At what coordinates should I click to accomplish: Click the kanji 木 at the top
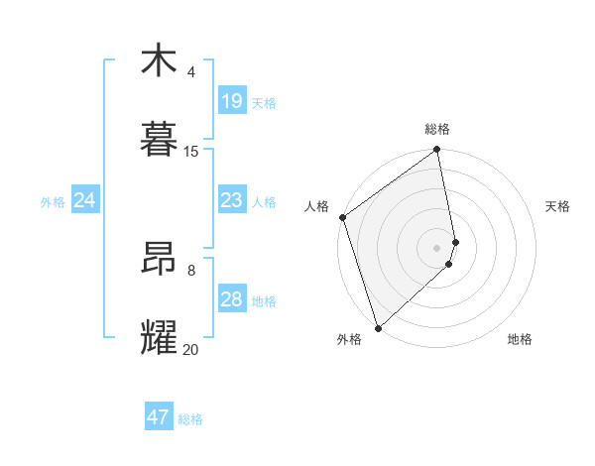[159, 60]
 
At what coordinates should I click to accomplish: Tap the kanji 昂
[159, 259]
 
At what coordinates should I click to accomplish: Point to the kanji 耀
[159, 338]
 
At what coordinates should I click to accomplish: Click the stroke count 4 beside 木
[191, 72]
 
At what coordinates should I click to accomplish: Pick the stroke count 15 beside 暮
[191, 152]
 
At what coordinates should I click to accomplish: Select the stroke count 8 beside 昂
[191, 270]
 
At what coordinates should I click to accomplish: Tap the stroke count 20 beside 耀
[191, 349]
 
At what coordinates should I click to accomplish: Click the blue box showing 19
[231, 101]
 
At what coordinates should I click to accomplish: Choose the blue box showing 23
[231, 200]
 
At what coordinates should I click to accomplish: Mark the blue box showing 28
[231, 299]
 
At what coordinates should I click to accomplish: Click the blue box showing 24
[85, 200]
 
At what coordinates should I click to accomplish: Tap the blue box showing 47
[159, 417]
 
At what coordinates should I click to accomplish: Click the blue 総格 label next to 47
[190, 419]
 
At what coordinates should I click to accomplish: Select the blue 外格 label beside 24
[53, 202]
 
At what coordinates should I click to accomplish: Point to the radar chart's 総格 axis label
[437, 130]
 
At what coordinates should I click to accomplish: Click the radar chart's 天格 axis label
[558, 206]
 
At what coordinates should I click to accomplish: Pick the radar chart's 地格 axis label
[520, 339]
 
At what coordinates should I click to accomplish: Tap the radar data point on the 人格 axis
[342, 217]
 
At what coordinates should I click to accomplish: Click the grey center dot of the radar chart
[437, 247]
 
